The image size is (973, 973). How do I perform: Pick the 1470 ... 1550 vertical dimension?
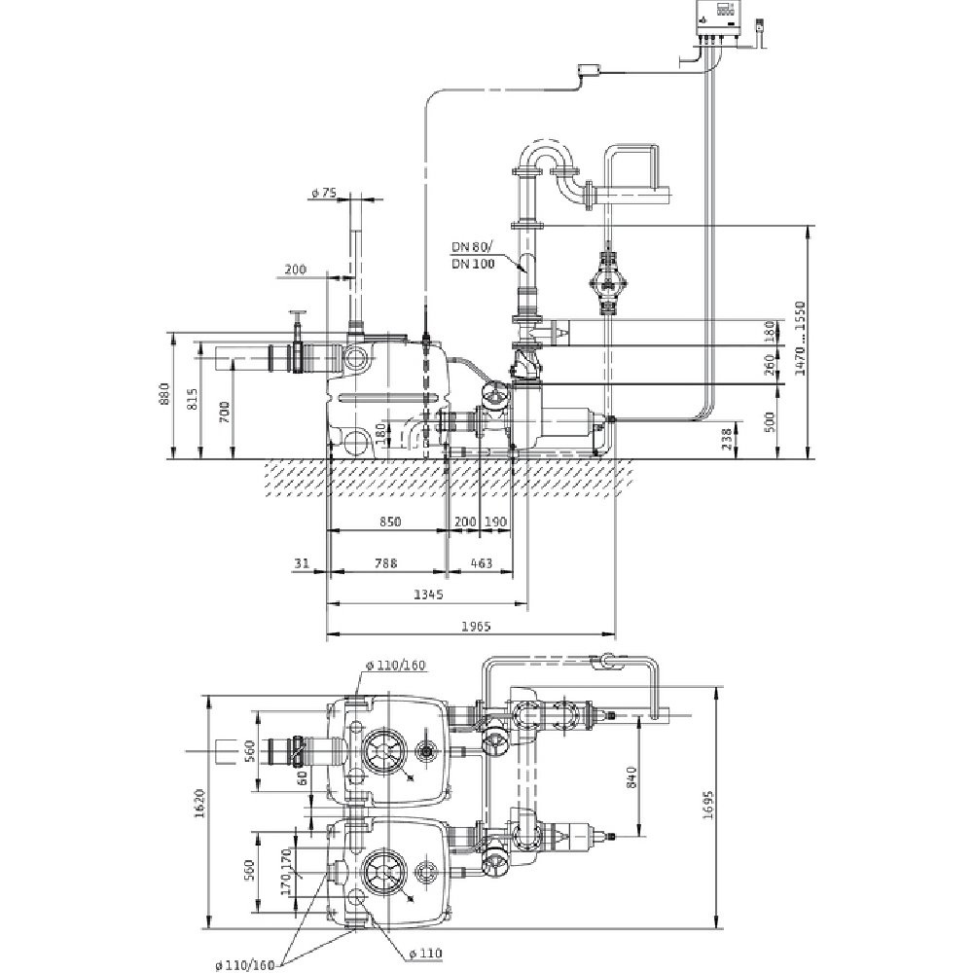(800, 340)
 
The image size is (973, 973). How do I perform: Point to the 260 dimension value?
(770, 365)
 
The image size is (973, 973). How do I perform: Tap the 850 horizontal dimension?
(388, 522)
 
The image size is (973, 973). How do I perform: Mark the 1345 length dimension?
(428, 594)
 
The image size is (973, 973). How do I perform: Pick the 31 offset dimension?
(302, 562)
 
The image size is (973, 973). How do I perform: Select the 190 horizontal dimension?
(495, 522)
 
